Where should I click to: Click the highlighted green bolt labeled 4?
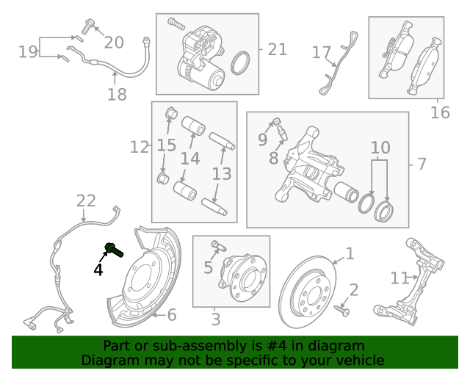coord(114,250)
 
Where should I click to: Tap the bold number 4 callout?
coord(98,270)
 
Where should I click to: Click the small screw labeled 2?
coord(341,310)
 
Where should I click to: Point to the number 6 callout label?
coord(172,315)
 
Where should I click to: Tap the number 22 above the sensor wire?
coord(86,200)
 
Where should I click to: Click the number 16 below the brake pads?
coord(439,112)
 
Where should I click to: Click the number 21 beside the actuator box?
coord(277,49)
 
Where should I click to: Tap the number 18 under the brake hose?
coord(117,94)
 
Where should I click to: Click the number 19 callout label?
coord(28,51)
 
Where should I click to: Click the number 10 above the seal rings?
coord(380,148)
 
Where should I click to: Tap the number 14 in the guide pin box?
coord(189,159)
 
